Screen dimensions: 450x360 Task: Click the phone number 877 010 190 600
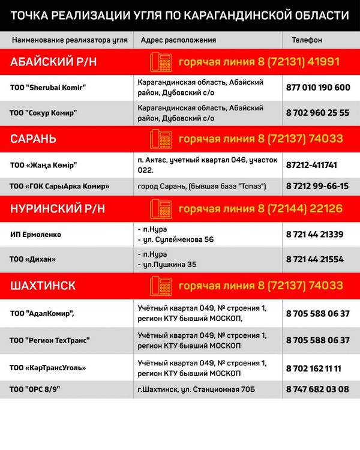[318, 88]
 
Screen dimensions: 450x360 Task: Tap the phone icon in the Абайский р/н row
[160, 62]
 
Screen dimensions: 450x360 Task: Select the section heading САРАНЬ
[34, 139]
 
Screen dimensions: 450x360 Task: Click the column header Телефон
[307, 40]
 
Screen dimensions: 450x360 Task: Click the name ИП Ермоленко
[36, 235]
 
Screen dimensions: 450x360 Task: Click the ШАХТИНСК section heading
[43, 286]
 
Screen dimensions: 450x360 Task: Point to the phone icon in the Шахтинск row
[160, 284]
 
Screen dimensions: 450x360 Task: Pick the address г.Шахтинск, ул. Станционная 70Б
[196, 389]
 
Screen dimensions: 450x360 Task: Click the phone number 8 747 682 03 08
[317, 389]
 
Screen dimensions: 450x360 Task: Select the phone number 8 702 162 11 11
[314, 367]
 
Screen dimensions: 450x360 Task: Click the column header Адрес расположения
[178, 40]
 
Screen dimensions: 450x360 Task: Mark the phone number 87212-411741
[312, 164]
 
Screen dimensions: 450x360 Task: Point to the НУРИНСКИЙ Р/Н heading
[58, 209]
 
